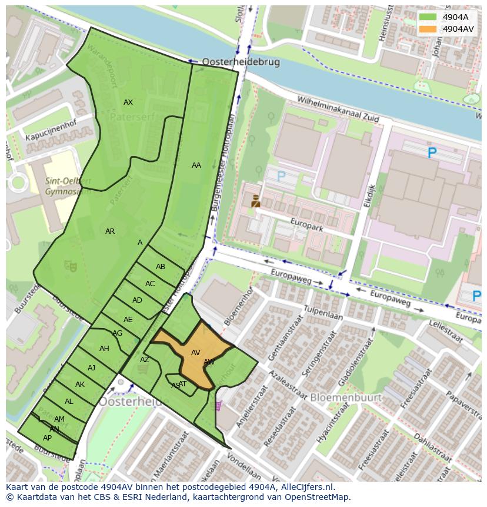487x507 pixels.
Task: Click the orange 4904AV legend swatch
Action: (x=428, y=29)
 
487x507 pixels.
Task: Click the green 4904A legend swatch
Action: (x=428, y=17)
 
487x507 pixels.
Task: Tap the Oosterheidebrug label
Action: (x=241, y=61)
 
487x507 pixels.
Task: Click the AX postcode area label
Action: (x=128, y=102)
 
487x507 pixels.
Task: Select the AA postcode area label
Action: (x=196, y=165)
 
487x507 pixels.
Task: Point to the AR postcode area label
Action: (x=110, y=231)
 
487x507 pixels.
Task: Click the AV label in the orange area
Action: (x=196, y=353)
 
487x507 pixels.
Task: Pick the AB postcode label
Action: (x=161, y=267)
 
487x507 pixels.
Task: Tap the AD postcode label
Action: (x=137, y=300)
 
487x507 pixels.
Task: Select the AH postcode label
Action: (x=104, y=349)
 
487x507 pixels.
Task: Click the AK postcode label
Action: (x=80, y=385)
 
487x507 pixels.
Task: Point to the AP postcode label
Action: (x=47, y=438)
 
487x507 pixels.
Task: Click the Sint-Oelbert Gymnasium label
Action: (x=68, y=185)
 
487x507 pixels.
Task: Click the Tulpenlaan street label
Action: (x=323, y=316)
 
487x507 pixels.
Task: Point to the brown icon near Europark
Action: (x=255, y=201)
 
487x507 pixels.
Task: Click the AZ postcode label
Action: (x=145, y=360)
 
